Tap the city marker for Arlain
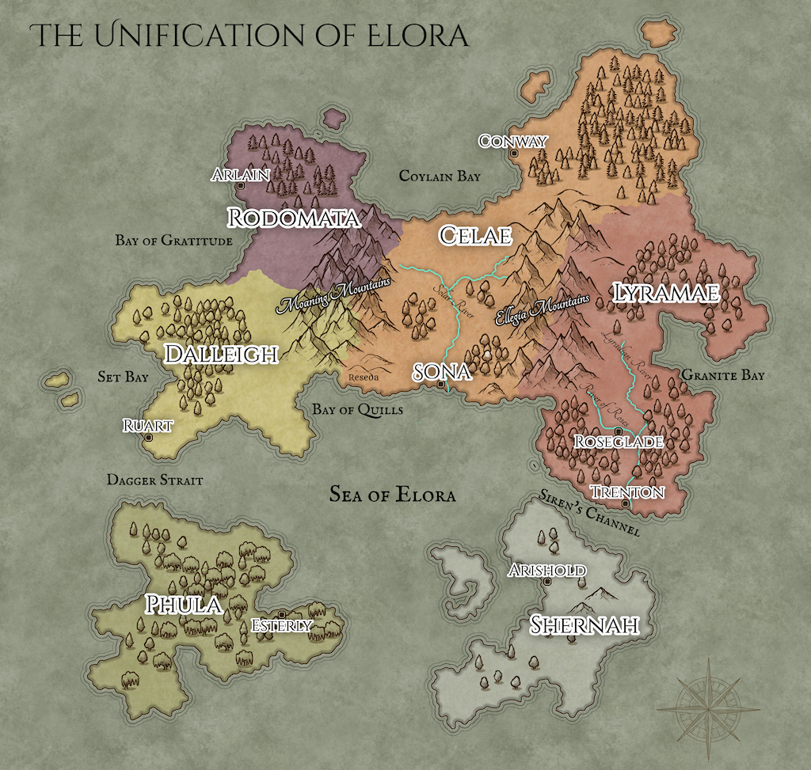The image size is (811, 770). (x=240, y=185)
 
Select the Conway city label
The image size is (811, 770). (x=512, y=142)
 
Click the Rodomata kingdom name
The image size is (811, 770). (x=293, y=218)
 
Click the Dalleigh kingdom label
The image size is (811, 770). (x=220, y=354)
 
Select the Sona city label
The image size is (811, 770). (x=443, y=372)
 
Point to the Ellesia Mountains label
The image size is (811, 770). (x=543, y=312)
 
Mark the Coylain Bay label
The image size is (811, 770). (x=439, y=176)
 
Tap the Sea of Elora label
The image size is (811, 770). (x=393, y=495)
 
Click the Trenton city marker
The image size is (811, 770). (x=626, y=503)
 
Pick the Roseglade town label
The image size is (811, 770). (x=618, y=442)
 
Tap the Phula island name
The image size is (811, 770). (x=183, y=605)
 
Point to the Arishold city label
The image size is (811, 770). (x=547, y=571)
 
